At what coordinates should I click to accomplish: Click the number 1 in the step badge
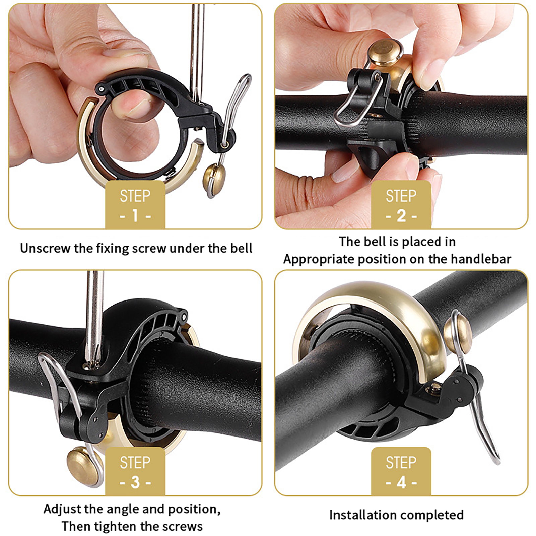click(135, 216)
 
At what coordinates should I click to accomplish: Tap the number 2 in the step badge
click(401, 216)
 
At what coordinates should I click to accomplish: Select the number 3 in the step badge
click(135, 482)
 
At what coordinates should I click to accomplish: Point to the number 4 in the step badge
click(401, 482)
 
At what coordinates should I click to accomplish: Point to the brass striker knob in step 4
click(458, 331)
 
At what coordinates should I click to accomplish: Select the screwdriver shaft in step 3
click(94, 318)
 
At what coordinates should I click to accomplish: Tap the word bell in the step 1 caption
click(241, 248)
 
